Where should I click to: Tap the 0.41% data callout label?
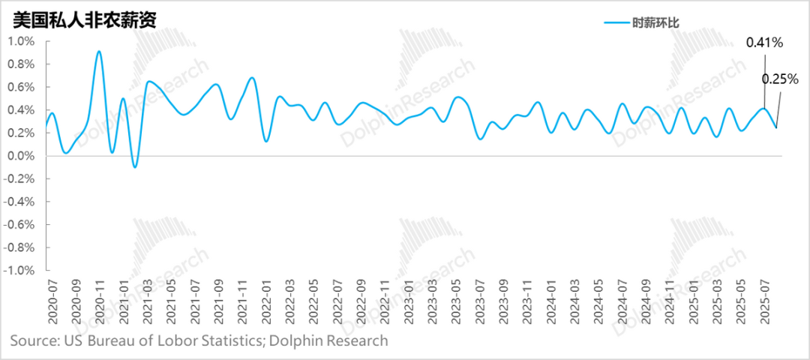764,43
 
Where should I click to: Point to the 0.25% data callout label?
780,78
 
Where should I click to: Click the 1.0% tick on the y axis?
21,41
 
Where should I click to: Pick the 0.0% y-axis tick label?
21,156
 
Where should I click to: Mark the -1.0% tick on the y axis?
19,270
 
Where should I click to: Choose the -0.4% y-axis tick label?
19,202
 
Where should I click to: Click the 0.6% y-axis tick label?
21,87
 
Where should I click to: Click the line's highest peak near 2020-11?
99,51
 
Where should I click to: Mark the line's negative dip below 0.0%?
134,166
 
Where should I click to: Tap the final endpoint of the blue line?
776,127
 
